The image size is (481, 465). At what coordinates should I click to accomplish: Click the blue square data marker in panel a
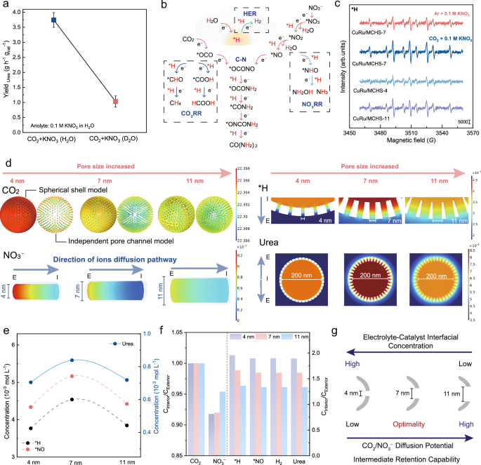tap(53, 20)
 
